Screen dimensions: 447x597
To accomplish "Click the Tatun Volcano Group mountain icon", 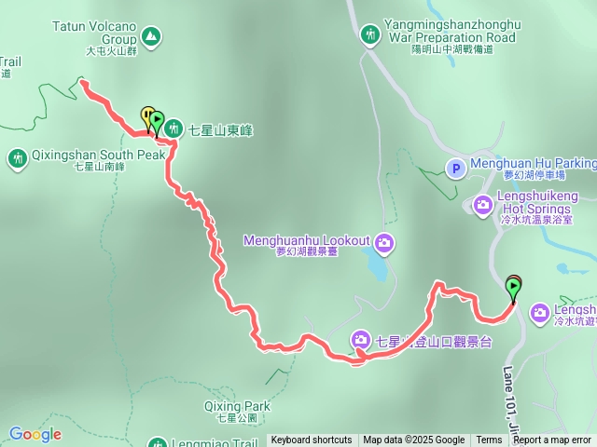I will [x=151, y=37].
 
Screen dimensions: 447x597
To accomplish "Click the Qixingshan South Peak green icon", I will [x=17, y=159].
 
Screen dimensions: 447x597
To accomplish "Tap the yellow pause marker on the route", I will [x=146, y=115].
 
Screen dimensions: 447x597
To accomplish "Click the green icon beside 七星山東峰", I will [x=173, y=130].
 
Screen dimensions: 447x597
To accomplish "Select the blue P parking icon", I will [x=455, y=169].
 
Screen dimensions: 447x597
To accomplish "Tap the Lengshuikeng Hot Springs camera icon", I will [x=483, y=203].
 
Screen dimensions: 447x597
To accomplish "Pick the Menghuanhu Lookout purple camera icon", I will [x=384, y=245].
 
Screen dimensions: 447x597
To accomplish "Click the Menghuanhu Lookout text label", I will [x=306, y=240].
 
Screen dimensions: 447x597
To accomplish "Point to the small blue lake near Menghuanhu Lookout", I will [x=375, y=268].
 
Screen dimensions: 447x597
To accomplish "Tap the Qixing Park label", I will [x=237, y=406].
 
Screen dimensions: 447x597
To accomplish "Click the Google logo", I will [x=35, y=434].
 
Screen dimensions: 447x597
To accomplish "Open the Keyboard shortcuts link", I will [x=312, y=440].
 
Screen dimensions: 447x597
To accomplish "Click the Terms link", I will [x=489, y=440].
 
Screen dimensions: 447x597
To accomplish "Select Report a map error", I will [x=552, y=440].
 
